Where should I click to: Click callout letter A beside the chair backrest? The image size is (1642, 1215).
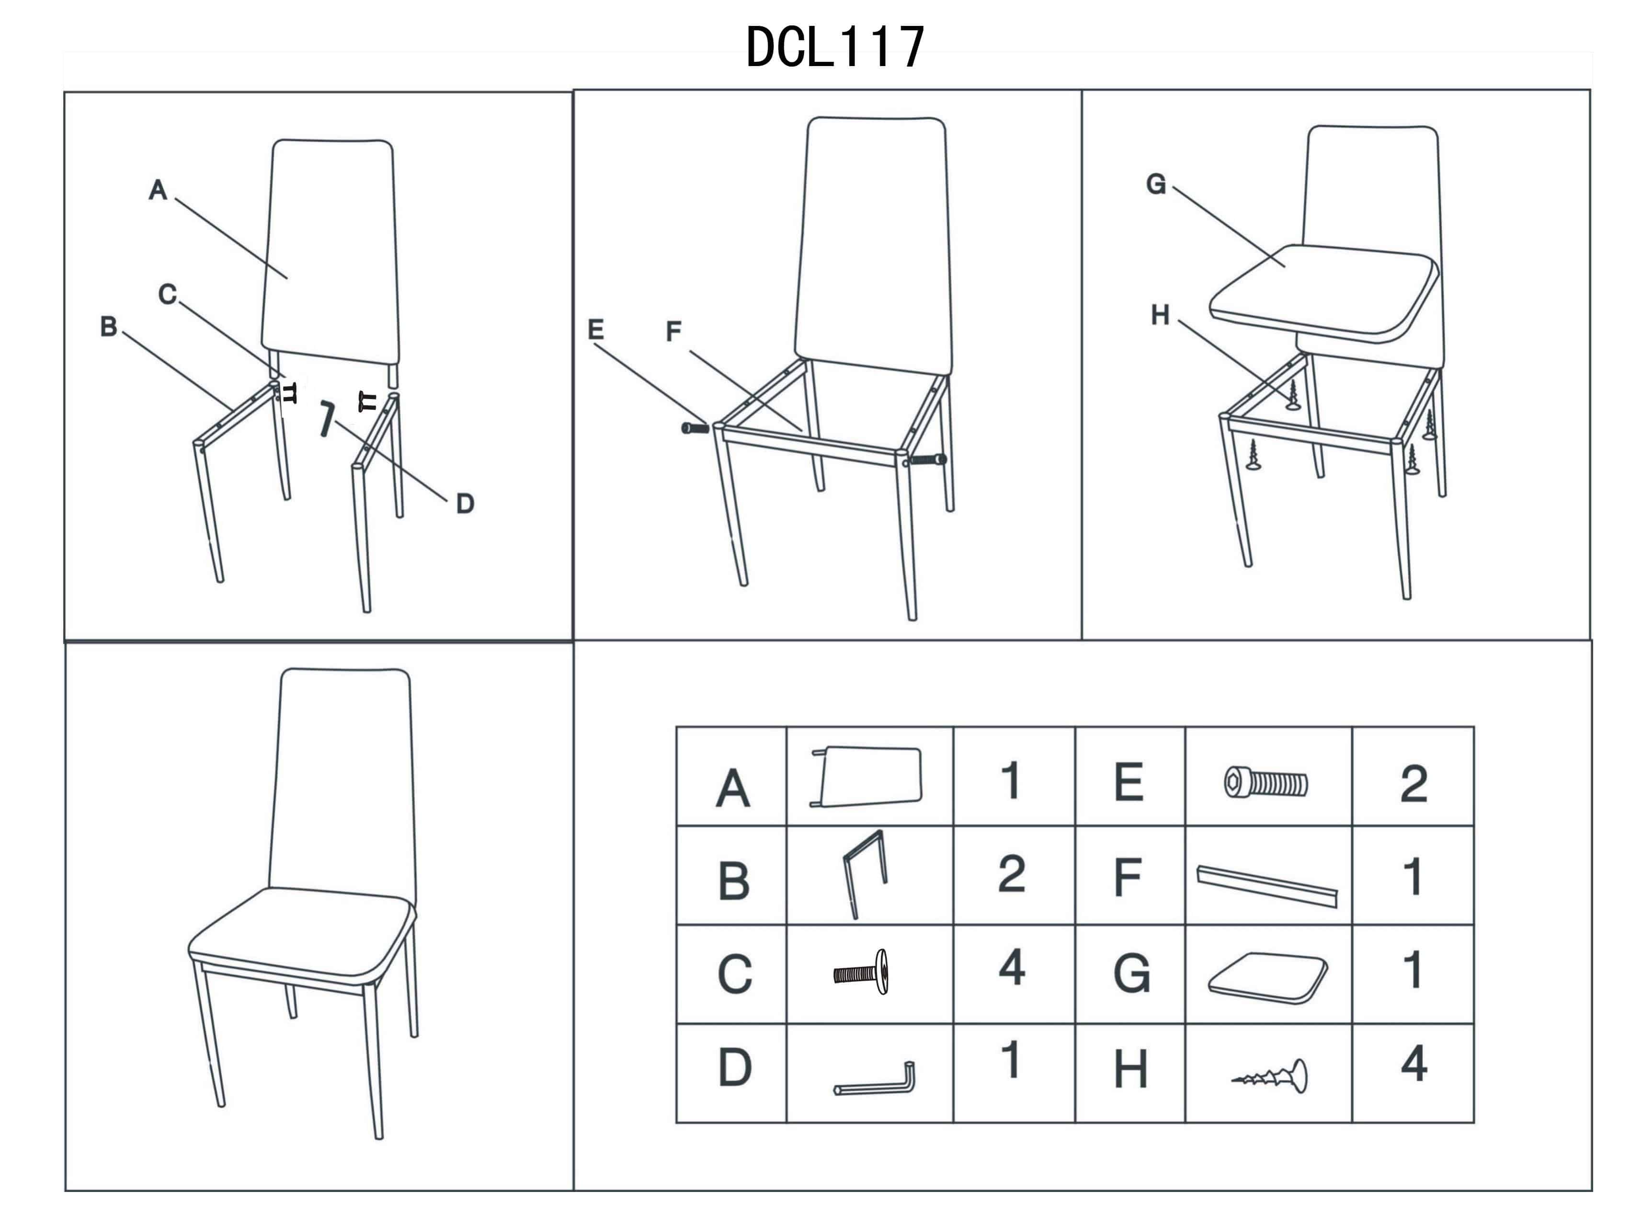click(158, 190)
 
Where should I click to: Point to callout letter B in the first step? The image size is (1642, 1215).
click(109, 327)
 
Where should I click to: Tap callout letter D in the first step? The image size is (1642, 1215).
click(465, 504)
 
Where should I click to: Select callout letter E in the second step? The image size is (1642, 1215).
click(595, 330)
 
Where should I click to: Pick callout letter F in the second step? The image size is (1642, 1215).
click(673, 332)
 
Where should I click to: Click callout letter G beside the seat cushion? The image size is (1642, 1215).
click(1156, 184)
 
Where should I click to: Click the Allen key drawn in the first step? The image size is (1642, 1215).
click(327, 418)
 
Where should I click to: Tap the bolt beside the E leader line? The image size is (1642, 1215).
click(695, 428)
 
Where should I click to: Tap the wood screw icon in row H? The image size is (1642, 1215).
click(1270, 1077)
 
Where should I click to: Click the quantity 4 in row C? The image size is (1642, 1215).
click(1012, 968)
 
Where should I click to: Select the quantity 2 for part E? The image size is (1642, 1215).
click(1414, 785)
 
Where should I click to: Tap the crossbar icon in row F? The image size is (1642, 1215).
click(1267, 886)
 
